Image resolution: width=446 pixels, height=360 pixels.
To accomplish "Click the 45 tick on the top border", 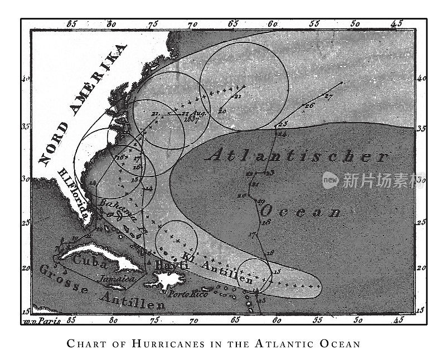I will [x=397, y=24].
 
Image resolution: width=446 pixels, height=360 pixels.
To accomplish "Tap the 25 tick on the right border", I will [x=421, y=223].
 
